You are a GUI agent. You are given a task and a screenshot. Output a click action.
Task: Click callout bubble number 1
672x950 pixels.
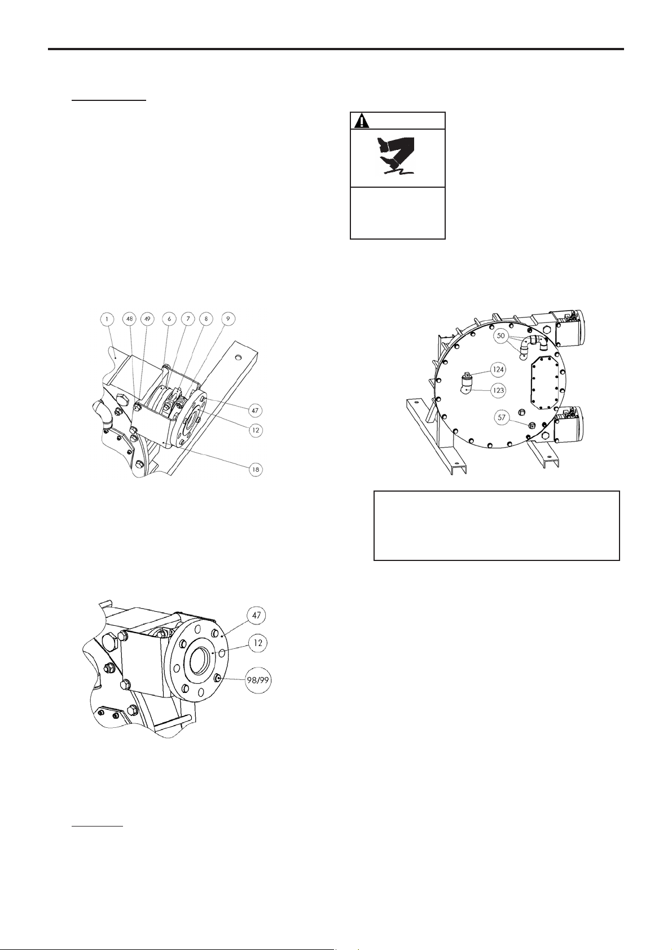[107, 319]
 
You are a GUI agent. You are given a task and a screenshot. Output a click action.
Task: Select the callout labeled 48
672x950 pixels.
[129, 319]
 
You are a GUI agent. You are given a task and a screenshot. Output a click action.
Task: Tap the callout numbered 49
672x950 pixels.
[147, 319]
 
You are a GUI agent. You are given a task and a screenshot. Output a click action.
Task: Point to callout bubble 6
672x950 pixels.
[169, 319]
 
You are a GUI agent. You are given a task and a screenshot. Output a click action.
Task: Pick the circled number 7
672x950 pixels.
[188, 319]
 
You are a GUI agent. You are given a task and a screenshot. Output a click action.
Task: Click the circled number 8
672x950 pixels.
[206, 319]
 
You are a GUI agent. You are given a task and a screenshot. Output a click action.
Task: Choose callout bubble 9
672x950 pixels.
[228, 319]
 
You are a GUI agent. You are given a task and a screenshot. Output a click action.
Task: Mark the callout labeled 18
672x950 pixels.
[256, 470]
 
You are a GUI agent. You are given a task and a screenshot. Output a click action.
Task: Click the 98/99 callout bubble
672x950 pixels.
[258, 680]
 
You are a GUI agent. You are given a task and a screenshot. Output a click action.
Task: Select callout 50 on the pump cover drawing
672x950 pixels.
[501, 335]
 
